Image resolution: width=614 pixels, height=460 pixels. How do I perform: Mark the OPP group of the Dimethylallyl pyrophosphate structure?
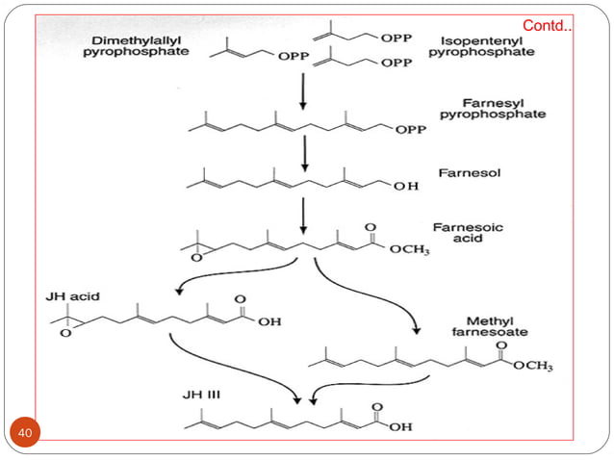(x=294, y=58)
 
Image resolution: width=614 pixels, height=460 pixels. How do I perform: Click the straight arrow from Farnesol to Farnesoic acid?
(x=304, y=215)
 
